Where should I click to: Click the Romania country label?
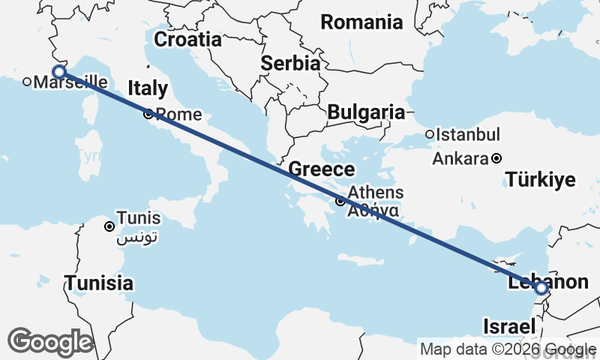coord(361,22)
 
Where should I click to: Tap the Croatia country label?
coord(187,39)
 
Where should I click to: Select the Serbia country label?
coord(290,64)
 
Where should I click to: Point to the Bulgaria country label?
coord(366,112)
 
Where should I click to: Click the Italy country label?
coord(148,88)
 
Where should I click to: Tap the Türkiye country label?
coord(540,179)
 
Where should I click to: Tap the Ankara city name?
coord(460,159)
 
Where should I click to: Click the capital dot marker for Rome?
coord(148,115)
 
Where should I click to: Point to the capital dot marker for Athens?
coord(340,201)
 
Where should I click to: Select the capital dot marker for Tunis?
coord(109,226)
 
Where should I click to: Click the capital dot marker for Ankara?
coord(496,159)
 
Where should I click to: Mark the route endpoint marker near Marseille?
coord(59,72)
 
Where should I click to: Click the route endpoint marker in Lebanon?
coord(541,287)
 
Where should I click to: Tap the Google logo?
coord(50,342)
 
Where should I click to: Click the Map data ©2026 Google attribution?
coord(508,349)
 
